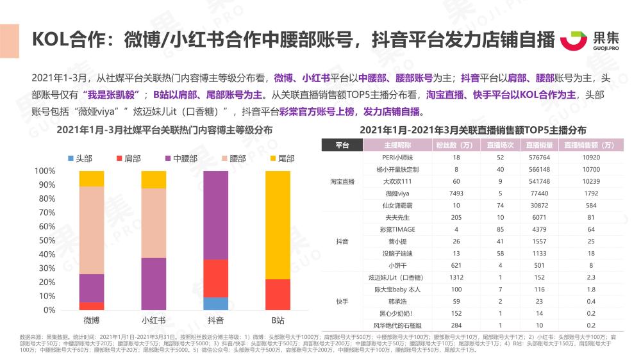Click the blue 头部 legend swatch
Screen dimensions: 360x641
tap(71, 158)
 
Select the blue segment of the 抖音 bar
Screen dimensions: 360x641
tap(215, 304)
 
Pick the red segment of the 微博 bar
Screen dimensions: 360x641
tap(91, 306)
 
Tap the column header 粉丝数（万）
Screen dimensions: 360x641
tap(449, 145)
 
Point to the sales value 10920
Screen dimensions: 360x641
tap(591, 157)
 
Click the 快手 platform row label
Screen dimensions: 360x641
tap(342, 300)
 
